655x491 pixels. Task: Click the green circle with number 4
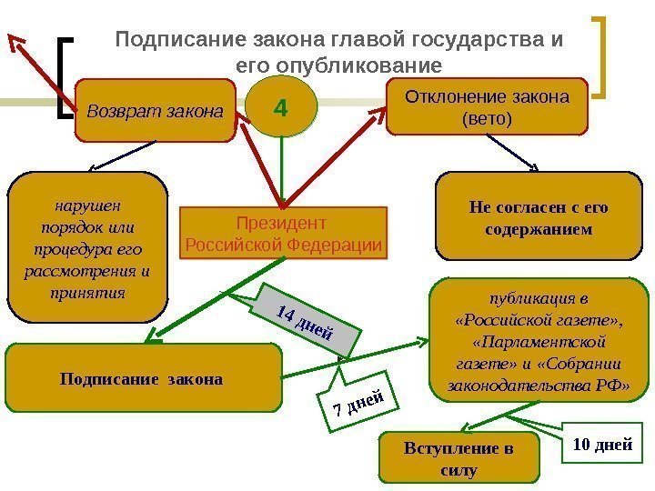pyautogui.click(x=279, y=109)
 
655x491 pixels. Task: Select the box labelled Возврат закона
pyautogui.click(x=155, y=113)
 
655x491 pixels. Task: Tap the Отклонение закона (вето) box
pyautogui.click(x=488, y=107)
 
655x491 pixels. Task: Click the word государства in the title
pyautogui.click(x=474, y=41)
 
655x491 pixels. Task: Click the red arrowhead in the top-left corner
pyautogui.click(x=15, y=39)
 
